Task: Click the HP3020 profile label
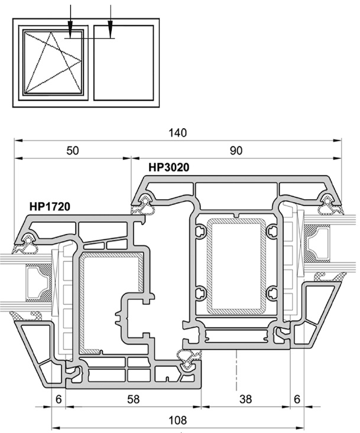(x=169, y=167)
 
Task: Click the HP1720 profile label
(x=50, y=206)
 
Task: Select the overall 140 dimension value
(x=178, y=133)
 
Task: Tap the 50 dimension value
(x=72, y=151)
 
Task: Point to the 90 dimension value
(x=236, y=151)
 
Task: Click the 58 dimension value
(x=134, y=399)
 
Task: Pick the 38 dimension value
(x=246, y=399)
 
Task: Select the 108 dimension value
(x=178, y=420)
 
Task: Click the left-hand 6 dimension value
(x=59, y=399)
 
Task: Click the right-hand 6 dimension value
(x=297, y=399)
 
